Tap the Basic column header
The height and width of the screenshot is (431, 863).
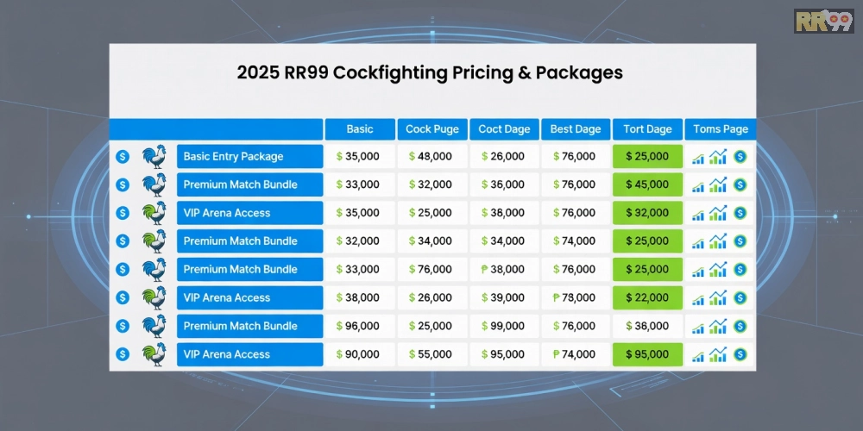[x=360, y=129]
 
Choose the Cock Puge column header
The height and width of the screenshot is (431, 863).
[x=432, y=129]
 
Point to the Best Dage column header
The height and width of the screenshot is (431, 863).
[x=576, y=129]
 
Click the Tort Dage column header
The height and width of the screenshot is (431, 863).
[x=647, y=129]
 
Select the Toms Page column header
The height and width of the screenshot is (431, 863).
[x=721, y=129]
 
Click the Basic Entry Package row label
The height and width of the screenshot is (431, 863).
[x=250, y=157]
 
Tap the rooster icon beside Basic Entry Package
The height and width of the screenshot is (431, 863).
[x=154, y=157]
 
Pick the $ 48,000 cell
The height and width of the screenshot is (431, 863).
[x=432, y=157]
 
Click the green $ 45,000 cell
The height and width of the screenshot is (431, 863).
[x=647, y=184]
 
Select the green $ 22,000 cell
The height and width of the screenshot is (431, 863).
[x=647, y=298]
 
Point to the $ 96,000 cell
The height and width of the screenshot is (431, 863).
[x=360, y=327]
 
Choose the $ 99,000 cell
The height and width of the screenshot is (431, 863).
[x=504, y=327]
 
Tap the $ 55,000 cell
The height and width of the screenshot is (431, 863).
[x=432, y=354]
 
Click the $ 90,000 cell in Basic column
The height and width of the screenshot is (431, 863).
[x=360, y=354]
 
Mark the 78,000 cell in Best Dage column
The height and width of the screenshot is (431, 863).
[x=576, y=298]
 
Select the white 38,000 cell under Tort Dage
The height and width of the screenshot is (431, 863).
[x=647, y=327]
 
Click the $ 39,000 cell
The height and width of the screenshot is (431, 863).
[x=504, y=298]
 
